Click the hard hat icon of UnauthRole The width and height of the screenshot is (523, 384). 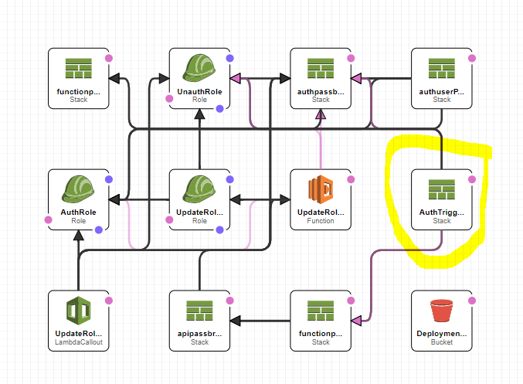click(199, 66)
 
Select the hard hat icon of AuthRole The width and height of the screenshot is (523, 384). click(78, 188)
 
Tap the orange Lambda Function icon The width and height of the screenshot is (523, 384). click(321, 189)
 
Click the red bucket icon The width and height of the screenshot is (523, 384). click(442, 309)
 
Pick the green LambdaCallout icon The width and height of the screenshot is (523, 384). click(78, 309)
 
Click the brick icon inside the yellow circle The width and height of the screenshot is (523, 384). click(442, 188)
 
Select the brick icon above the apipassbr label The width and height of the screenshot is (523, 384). click(199, 309)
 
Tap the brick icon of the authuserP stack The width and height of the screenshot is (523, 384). click(442, 66)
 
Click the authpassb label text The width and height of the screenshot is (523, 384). click(321, 90)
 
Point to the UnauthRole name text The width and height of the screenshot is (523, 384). click(199, 90)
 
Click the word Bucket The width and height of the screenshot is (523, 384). click(442, 342)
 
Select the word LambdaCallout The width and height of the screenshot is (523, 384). click(78, 342)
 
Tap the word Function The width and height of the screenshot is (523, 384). click(321, 220)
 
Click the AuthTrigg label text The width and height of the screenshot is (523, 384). click(442, 212)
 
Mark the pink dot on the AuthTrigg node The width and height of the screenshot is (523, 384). click(472, 179)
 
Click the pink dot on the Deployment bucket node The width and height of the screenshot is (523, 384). click(472, 301)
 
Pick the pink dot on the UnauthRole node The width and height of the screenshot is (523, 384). click(169, 98)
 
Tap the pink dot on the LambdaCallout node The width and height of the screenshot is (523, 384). click(109, 301)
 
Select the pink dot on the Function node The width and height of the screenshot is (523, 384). click(351, 179)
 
